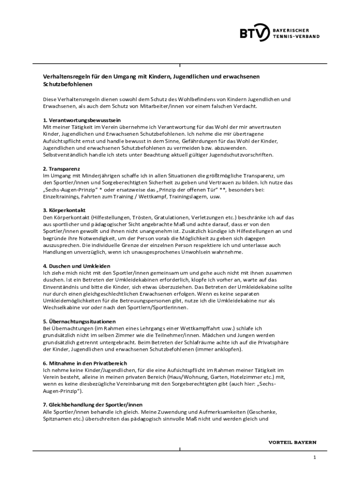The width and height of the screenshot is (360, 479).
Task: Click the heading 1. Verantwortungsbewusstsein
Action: pos(79,120)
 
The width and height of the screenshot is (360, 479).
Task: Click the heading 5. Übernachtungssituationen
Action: pos(79,322)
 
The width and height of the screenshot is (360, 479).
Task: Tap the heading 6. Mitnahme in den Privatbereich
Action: pos(85,363)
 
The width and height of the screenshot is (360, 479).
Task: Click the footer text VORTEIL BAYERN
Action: pos(292,442)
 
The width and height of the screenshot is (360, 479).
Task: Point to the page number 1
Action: pos(315,457)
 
